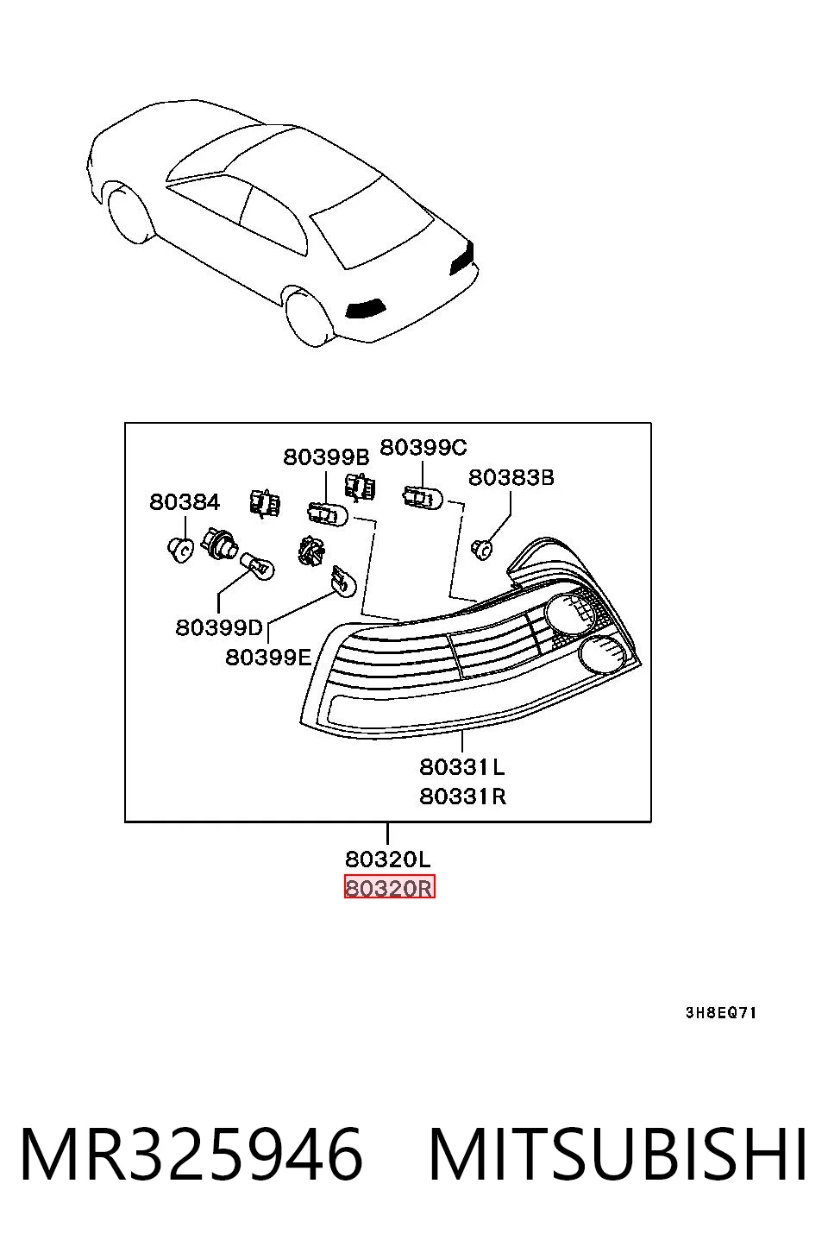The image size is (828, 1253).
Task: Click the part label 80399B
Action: pos(326,457)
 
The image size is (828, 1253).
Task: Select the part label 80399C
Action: pos(423,447)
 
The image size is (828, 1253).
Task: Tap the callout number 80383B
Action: pos(511,477)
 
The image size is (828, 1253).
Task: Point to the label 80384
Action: pos(185,501)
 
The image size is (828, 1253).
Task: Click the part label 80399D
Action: pos(218,627)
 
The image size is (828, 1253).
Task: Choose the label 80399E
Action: pos(268,657)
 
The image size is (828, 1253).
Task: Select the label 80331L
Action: pos(462,766)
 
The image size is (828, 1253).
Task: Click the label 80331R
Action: pos(463,796)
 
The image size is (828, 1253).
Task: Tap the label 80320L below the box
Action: pos(388,859)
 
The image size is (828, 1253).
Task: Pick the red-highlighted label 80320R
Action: pos(389,888)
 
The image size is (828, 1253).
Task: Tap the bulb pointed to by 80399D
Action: pos(257,566)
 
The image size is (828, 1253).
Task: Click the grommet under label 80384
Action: pos(180,550)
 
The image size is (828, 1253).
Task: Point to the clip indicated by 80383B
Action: pos(481,550)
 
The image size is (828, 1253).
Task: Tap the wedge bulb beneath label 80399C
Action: pos(423,497)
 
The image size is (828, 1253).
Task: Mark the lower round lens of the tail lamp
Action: pos(603,656)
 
